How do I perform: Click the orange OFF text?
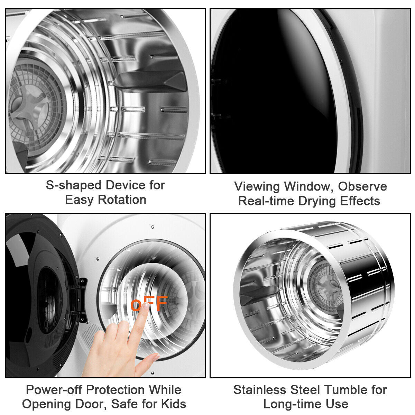click(149, 303)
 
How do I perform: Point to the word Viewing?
click(257, 186)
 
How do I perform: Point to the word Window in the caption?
click(308, 186)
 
